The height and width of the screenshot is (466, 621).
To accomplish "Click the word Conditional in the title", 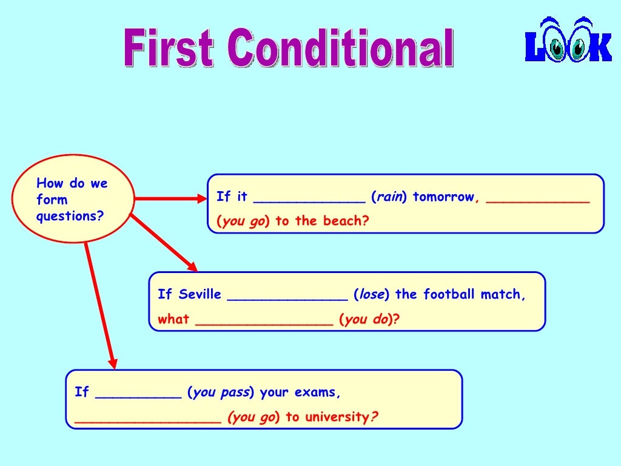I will click(342, 49).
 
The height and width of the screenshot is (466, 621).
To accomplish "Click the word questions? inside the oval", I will click(70, 216).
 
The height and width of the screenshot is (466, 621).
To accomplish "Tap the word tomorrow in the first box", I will click(443, 197).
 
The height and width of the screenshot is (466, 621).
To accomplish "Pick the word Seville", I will click(200, 295).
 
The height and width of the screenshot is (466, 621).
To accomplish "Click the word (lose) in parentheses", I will click(371, 295).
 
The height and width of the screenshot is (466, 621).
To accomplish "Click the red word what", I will click(173, 320).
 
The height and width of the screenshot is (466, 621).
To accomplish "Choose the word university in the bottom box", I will click(337, 417).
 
